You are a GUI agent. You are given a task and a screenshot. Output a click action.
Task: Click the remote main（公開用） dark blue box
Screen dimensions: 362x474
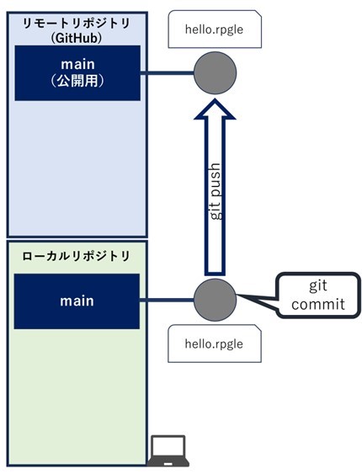tap(77, 73)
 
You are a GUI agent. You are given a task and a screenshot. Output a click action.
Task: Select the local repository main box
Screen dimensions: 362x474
tap(77, 301)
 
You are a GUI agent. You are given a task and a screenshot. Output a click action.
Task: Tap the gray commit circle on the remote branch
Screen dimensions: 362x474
tap(215, 73)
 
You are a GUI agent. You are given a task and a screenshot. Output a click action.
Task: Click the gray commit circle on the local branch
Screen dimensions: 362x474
tap(215, 300)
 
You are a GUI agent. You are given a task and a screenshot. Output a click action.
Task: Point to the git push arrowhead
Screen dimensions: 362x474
tap(215, 109)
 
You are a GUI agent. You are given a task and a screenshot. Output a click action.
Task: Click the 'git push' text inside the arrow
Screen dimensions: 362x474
tap(216, 192)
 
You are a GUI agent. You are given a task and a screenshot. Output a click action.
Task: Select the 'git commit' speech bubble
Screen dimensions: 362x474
tap(318, 295)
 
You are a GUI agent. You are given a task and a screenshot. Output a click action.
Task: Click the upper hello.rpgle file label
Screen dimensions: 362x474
tap(215, 29)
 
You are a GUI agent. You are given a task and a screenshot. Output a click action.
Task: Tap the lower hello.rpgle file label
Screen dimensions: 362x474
tap(215, 344)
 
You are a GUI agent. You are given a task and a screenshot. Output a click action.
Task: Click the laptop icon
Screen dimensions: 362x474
tap(168, 451)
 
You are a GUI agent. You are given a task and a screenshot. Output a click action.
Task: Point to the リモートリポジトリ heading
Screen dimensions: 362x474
tap(77, 24)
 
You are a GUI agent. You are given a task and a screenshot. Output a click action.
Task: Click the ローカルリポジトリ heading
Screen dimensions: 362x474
tap(76, 256)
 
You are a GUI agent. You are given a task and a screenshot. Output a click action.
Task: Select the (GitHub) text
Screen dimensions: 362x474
tap(76, 38)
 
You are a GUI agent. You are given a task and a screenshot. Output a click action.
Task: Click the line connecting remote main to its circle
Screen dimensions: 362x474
tap(167, 73)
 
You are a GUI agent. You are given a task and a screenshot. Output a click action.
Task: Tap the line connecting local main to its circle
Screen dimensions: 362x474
tap(167, 300)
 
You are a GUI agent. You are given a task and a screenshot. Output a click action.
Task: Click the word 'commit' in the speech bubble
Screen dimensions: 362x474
tap(318, 304)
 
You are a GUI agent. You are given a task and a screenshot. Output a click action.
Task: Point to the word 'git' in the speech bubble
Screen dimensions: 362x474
tap(318, 285)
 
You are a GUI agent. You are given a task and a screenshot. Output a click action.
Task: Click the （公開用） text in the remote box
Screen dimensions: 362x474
tap(77, 81)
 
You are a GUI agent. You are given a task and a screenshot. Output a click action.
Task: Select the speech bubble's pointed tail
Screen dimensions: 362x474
tap(257, 301)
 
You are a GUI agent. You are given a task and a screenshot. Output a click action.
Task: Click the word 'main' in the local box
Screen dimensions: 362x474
tap(77, 301)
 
